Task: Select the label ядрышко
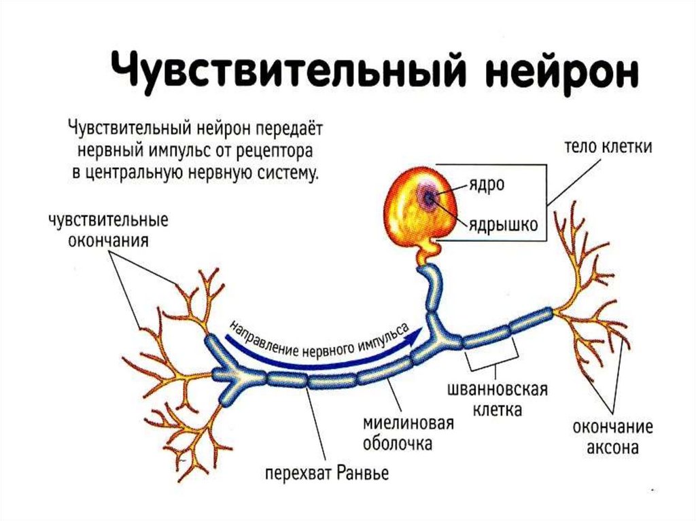[x=502, y=223]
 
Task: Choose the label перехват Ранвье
[x=327, y=472]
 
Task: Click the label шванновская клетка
[x=497, y=401]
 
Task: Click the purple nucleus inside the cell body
[x=430, y=197]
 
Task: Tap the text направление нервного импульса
[x=319, y=340]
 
